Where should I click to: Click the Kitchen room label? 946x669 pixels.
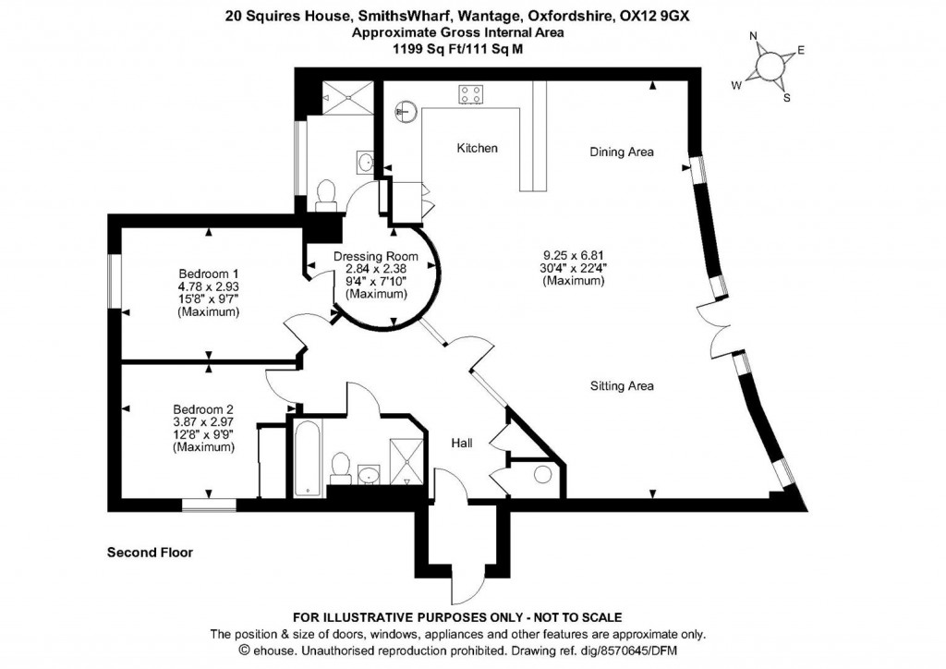(x=477, y=148)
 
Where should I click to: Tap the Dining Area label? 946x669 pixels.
(x=622, y=152)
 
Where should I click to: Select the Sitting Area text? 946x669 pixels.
(x=622, y=386)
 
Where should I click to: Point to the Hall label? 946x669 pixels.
(x=462, y=444)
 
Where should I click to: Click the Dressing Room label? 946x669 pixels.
(x=375, y=256)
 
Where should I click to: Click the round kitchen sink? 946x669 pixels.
(x=406, y=113)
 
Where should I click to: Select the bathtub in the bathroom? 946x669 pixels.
(x=307, y=456)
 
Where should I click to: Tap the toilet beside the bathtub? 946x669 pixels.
(x=340, y=466)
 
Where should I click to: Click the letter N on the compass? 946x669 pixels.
(x=753, y=38)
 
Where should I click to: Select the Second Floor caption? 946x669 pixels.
(x=150, y=553)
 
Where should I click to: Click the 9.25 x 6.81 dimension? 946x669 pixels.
(x=574, y=255)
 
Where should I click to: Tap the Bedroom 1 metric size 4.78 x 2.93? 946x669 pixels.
(x=208, y=286)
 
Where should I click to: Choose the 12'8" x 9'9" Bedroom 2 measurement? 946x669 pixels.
(x=203, y=435)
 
